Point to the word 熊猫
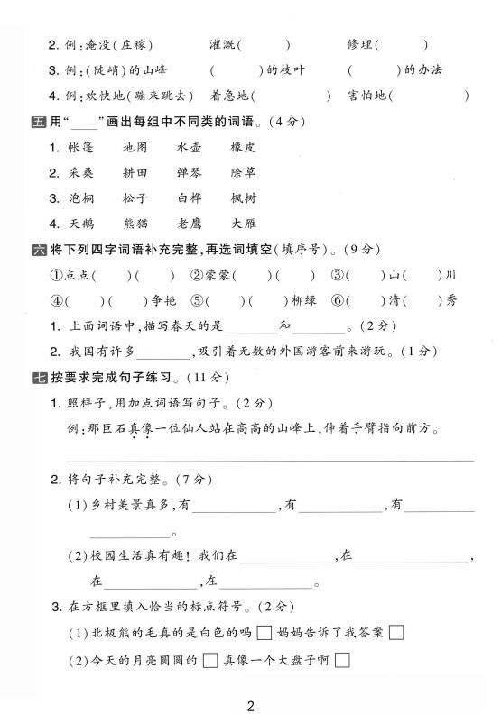tap(135, 223)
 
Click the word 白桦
tap(190, 197)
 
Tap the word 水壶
tap(190, 147)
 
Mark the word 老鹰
tap(190, 223)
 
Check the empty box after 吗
tap(264, 632)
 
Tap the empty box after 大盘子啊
tap(341, 661)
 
